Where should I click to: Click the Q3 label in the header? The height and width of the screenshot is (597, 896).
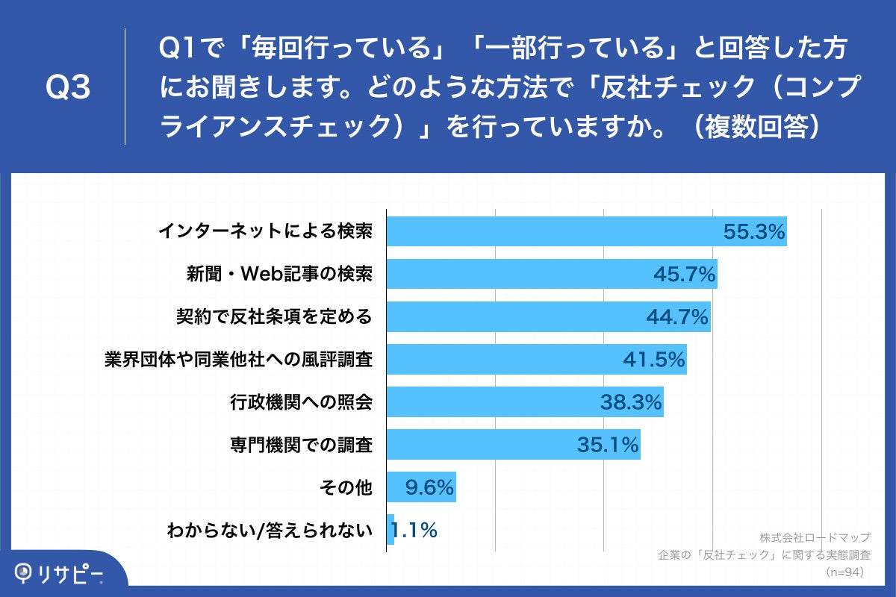[68, 88]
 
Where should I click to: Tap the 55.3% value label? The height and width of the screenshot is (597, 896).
[754, 232]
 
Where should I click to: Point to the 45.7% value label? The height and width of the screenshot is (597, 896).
[685, 275]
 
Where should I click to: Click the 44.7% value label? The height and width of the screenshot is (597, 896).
[677, 317]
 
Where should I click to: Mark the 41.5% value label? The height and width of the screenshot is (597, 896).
[654, 360]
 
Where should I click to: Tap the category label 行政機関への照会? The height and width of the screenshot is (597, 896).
[301, 402]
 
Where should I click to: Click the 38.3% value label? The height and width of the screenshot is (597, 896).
[632, 402]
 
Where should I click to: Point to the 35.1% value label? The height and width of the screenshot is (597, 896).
[608, 445]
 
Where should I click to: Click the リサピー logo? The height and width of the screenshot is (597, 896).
[60, 573]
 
